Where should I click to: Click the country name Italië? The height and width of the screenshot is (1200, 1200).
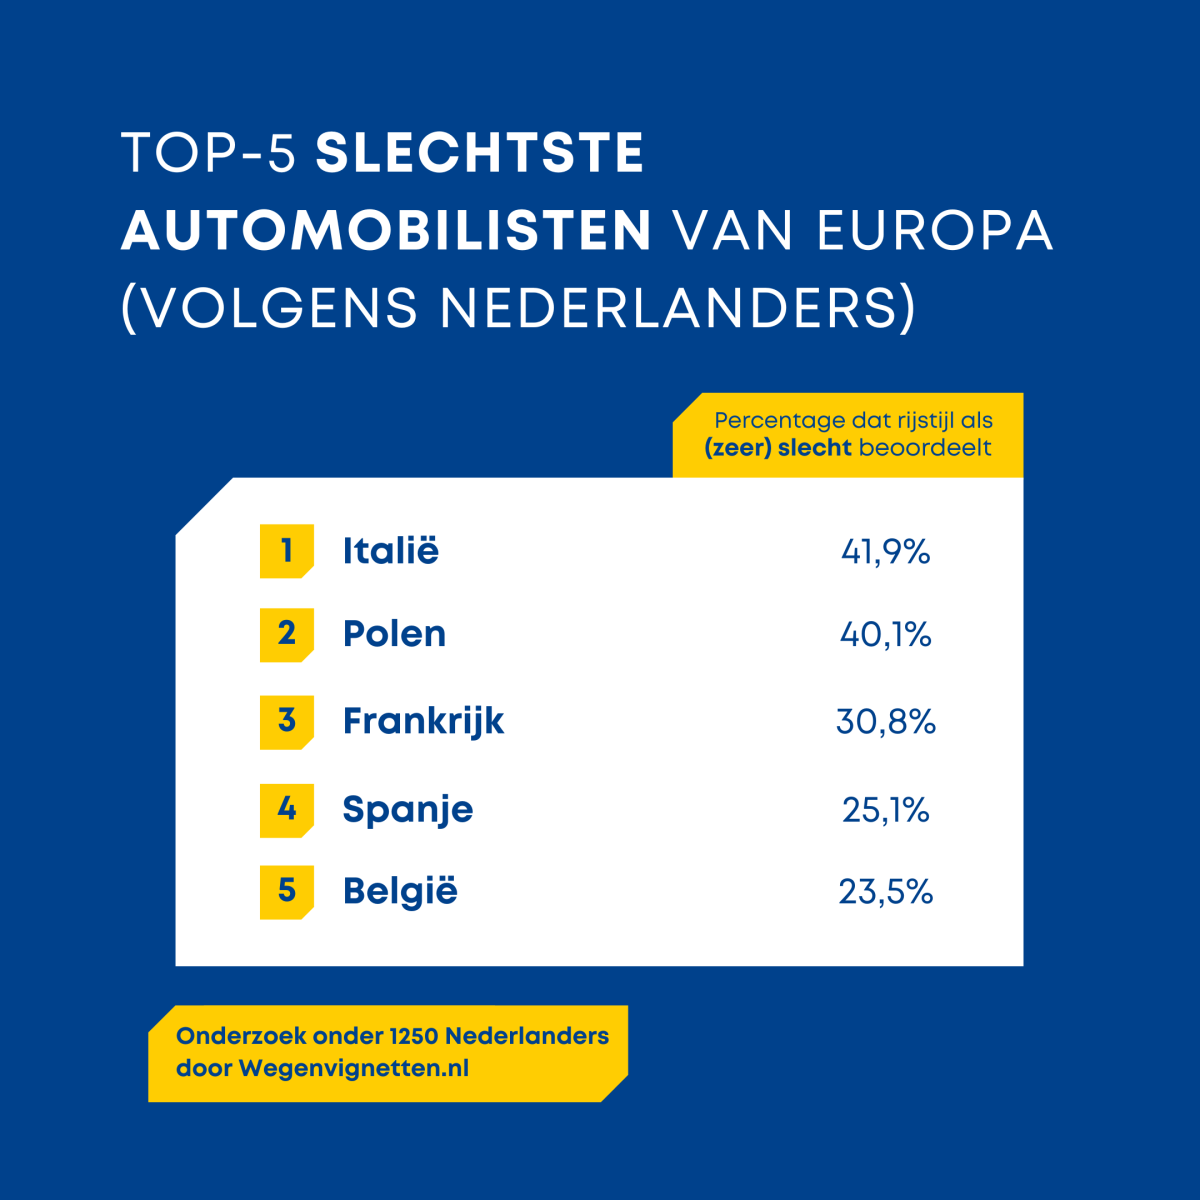coord(390,551)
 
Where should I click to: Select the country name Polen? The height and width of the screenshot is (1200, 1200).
coord(394,634)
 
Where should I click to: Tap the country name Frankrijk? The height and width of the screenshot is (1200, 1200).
coord(423,721)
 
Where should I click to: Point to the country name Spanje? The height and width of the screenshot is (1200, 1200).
coord(407,809)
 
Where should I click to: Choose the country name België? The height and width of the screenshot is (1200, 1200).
coord(400,891)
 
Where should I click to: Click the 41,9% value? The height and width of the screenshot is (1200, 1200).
coord(885,551)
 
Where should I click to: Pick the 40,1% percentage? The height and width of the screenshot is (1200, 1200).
coord(885,634)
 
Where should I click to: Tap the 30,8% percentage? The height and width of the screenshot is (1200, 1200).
coord(885,721)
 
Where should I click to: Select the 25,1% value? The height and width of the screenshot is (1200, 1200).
coord(885,809)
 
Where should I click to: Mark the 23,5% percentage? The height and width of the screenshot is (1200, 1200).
coord(885,891)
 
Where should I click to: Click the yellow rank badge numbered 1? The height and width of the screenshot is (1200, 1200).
coord(287,551)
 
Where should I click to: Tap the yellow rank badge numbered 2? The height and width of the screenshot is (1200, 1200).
coord(287,634)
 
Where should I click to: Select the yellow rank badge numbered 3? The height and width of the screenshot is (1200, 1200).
coord(287,721)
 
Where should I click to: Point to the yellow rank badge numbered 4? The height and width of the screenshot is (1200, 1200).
coord(287,809)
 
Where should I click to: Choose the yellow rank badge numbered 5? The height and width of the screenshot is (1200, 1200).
coord(287,891)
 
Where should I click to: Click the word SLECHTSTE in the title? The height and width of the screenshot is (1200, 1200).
coord(480,154)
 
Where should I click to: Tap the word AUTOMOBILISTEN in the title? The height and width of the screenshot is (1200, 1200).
coord(387,231)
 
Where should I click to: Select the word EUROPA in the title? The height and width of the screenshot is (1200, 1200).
coord(935,231)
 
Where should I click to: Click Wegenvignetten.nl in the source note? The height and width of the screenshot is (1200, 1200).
coord(353,1068)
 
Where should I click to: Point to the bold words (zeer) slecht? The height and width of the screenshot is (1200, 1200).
coord(777,447)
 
